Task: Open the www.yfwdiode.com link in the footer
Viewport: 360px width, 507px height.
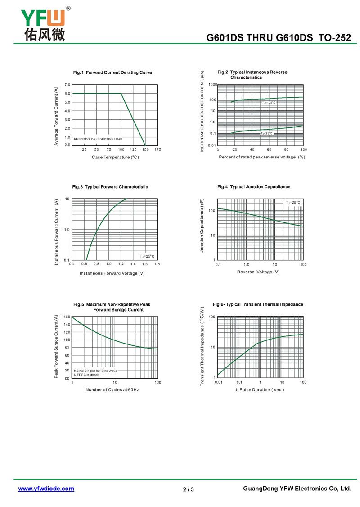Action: (46, 489)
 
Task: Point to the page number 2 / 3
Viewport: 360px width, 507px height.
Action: (189, 489)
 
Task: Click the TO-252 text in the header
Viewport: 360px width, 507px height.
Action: (335, 38)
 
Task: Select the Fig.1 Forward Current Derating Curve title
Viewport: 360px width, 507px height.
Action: (112, 72)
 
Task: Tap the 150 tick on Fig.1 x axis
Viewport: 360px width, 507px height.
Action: (145, 149)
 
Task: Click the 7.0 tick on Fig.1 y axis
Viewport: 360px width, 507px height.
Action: (67, 85)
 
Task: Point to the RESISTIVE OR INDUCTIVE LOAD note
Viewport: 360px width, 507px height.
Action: (98, 139)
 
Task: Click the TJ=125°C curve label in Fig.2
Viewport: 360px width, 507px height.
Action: (269, 103)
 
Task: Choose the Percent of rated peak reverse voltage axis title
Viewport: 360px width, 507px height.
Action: (262, 157)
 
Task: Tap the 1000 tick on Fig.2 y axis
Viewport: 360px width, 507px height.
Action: (213, 84)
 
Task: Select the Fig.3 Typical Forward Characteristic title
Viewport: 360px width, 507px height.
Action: (110, 187)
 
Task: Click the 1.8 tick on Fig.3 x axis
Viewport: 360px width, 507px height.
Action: (157, 264)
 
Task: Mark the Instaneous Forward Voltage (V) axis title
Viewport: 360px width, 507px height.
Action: (112, 273)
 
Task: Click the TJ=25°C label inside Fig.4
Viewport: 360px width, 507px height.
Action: (293, 203)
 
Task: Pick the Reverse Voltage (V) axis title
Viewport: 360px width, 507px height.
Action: (258, 272)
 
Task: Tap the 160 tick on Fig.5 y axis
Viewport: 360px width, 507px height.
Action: (67, 317)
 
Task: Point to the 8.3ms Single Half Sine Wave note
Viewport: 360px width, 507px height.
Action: (95, 371)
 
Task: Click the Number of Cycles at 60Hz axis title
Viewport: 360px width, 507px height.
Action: (112, 389)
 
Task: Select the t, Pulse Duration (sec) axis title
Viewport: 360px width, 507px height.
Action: (260, 389)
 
